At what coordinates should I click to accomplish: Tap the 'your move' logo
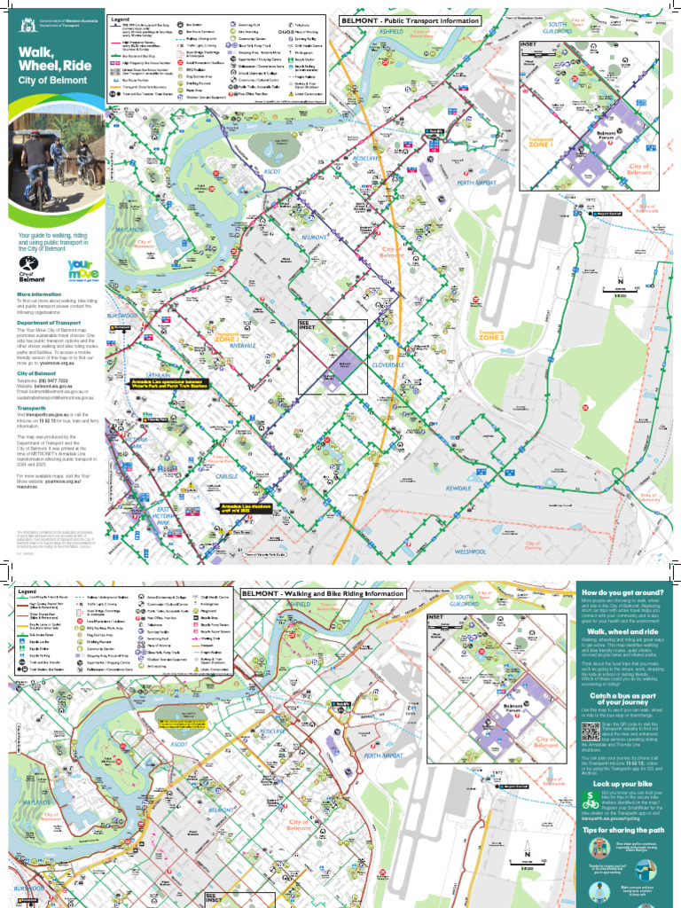(81, 270)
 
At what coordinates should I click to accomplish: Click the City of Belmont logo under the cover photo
(30, 270)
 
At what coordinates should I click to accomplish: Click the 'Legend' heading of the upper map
(120, 19)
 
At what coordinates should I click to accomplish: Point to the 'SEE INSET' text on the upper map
(307, 325)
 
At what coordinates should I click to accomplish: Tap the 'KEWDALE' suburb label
(458, 464)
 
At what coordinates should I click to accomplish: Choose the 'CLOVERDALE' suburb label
(387, 365)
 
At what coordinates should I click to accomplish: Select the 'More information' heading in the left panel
(39, 294)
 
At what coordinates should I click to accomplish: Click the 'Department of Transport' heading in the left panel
(49, 323)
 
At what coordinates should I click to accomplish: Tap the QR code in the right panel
(591, 732)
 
